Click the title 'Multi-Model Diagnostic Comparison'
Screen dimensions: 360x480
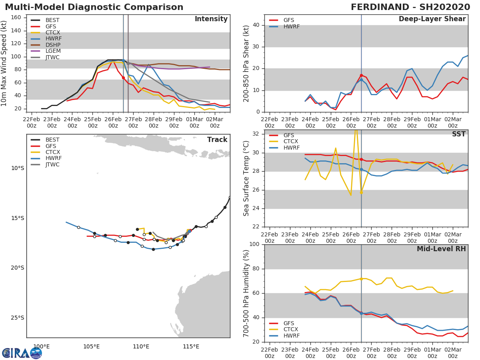(94, 7)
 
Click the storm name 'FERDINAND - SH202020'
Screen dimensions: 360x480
(410, 7)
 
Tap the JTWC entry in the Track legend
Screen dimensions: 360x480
(52, 164)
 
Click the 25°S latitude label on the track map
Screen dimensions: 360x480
(17, 318)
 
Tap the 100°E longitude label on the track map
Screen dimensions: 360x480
(42, 346)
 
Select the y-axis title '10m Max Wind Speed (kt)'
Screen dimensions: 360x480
(5, 63)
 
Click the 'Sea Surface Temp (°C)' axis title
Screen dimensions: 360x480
(246, 178)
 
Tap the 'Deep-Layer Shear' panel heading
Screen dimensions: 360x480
(432, 19)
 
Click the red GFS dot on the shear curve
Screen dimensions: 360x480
(361, 75)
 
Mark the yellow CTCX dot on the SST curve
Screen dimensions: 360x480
(361, 192)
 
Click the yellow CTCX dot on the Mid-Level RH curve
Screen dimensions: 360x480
(361, 279)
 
